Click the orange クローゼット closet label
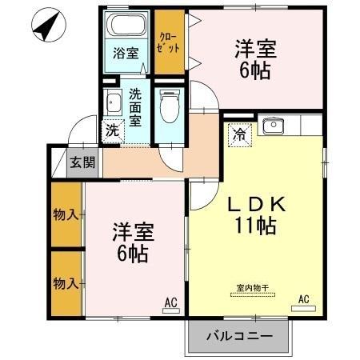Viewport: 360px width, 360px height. pyautogui.click(x=169, y=42)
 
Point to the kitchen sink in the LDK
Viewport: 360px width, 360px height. pyautogui.click(x=274, y=125)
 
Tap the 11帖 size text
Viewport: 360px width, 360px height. pyautogui.click(x=255, y=226)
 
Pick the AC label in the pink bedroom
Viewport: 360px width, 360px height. pyautogui.click(x=170, y=302)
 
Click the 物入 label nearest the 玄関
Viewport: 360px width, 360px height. pyautogui.click(x=66, y=214)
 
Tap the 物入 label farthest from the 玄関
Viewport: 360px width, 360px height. pyautogui.click(x=66, y=282)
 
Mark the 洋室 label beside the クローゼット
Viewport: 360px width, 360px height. pyautogui.click(x=255, y=49)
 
